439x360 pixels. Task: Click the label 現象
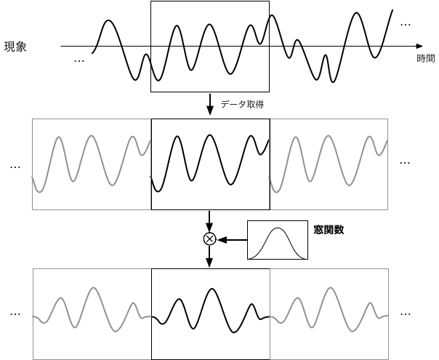point(15,47)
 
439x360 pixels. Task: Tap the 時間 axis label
point(426,59)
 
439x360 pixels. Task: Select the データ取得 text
point(242,105)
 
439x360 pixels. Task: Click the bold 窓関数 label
point(329,230)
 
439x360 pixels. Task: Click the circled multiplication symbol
point(209,239)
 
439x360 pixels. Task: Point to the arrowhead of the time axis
point(419,46)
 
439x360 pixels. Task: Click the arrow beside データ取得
point(210,105)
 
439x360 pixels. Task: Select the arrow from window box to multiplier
point(233,240)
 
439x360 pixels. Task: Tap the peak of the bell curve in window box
point(278,228)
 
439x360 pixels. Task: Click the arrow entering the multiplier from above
point(209,222)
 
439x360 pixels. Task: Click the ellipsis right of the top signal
point(406,25)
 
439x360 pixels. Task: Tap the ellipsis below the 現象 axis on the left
point(79,61)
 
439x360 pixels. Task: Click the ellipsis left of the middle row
point(15,167)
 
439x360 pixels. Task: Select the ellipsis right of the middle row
point(405,163)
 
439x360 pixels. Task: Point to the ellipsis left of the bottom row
point(15,314)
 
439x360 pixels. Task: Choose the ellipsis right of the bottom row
point(406,314)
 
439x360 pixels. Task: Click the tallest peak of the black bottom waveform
point(212,289)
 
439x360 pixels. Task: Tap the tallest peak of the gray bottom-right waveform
point(331,288)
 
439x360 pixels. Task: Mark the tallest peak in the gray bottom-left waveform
point(94,288)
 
